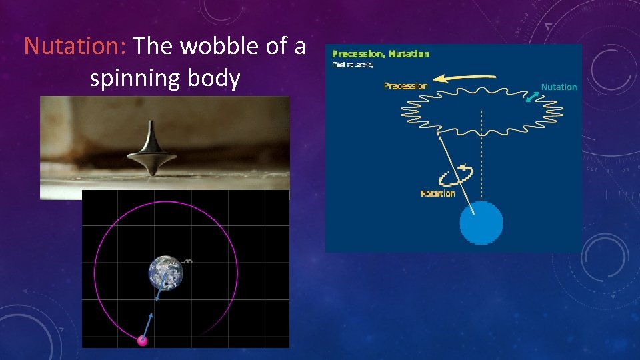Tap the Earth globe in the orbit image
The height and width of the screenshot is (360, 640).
pos(165,272)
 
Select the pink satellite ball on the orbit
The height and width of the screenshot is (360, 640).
pos(141,341)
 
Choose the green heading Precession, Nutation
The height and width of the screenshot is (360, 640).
pos(380,54)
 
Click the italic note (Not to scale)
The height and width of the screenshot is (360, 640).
pos(353,65)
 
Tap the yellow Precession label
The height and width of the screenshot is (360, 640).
pos(405,86)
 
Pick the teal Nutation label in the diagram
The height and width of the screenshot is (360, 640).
pos(559,87)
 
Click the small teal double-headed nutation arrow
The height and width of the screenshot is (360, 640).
pos(532,97)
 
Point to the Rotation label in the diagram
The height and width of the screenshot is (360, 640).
pos(437,193)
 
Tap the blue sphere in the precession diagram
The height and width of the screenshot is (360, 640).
pos(481,223)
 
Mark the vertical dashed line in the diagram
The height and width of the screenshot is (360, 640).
pos(481,153)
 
